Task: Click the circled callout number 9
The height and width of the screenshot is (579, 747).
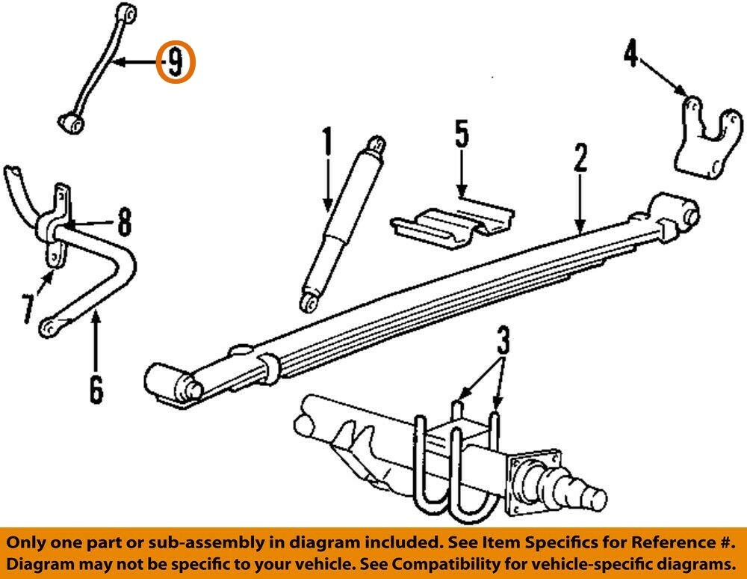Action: [175, 62]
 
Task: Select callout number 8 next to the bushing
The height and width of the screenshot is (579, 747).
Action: [123, 222]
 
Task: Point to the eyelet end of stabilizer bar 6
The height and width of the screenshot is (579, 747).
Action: [48, 327]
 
